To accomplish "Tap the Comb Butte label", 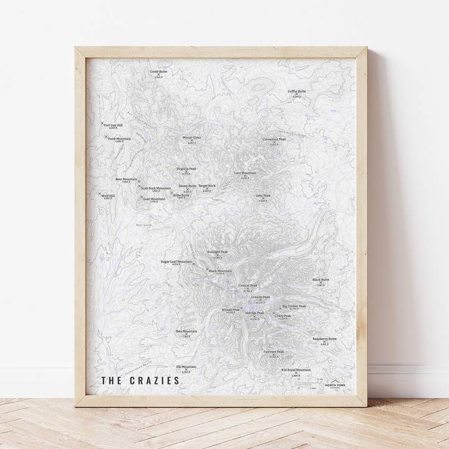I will click(x=158, y=71).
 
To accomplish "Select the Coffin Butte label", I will click(x=297, y=91).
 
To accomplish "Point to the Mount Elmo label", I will click(x=192, y=137).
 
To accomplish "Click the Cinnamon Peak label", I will click(x=274, y=139).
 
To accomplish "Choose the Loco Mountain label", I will click(x=245, y=172).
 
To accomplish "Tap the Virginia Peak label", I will click(x=186, y=168).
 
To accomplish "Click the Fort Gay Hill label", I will click(x=113, y=124).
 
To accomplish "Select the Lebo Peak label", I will click(x=263, y=195).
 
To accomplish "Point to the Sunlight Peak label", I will click(x=218, y=252).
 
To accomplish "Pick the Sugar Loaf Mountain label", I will click(x=176, y=262).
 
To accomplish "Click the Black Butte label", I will click(x=321, y=280).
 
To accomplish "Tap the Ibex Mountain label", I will click(x=186, y=331).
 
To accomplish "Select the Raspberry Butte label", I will click(x=324, y=339).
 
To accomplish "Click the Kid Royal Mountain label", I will click(x=296, y=370).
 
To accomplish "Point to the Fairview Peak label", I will click(x=273, y=351).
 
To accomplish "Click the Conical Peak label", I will click(x=248, y=286).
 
